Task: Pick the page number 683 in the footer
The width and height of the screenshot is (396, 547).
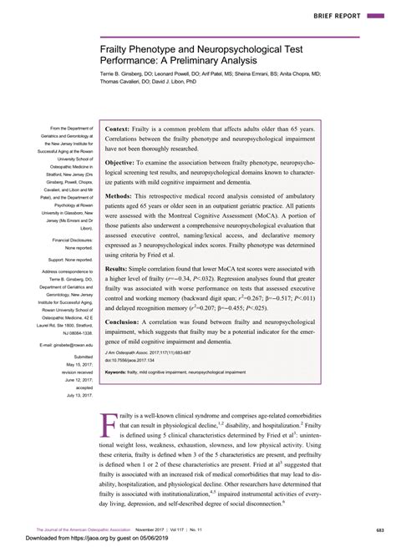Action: pos(380,529)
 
